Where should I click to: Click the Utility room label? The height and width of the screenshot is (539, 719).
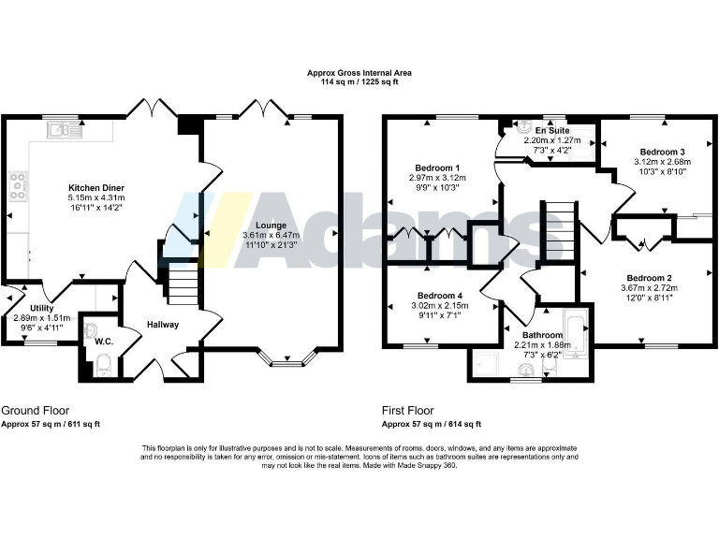pos(40,308)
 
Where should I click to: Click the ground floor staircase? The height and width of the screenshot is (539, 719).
pos(183,280)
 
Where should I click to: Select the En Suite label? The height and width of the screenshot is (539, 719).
pos(552,129)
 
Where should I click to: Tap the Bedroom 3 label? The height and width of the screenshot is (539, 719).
pos(662,152)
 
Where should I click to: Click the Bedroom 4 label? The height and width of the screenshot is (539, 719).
pos(439,295)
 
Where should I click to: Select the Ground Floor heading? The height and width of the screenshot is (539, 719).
pos(35,411)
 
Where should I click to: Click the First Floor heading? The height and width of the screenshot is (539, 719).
pos(407,411)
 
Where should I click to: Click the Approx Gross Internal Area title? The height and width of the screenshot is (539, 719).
pos(359,72)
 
